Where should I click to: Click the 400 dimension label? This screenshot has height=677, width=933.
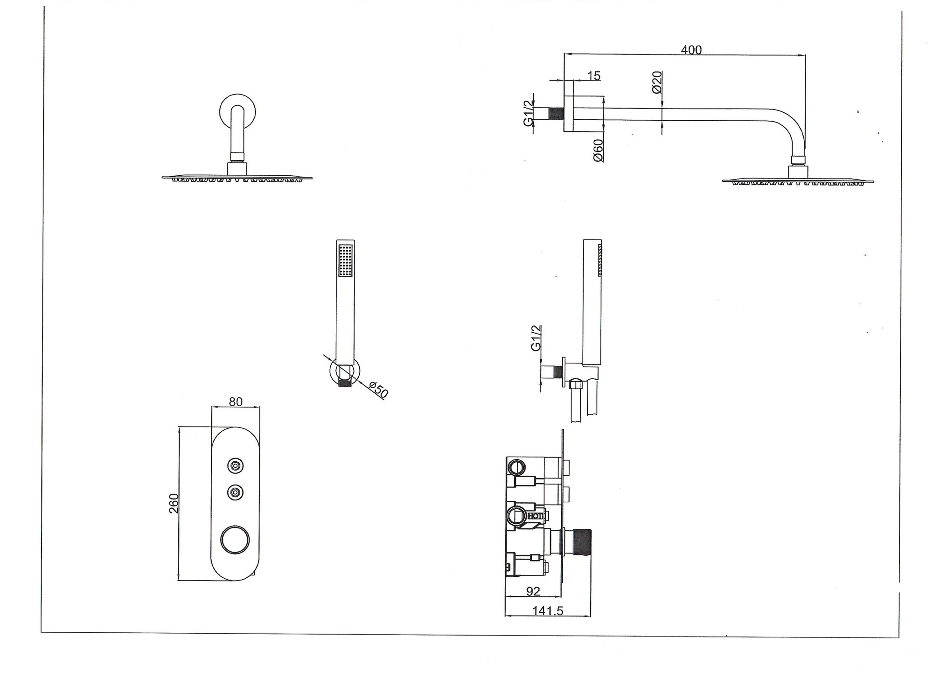point(691,49)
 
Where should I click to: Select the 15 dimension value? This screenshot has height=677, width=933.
point(594,75)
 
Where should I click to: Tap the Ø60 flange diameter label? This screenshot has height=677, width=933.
point(598,150)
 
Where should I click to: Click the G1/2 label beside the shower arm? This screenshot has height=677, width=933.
point(528,113)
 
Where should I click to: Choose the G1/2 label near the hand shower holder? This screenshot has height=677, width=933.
point(536,338)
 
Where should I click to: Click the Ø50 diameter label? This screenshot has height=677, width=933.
point(378,390)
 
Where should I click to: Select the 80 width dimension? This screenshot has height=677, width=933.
point(236,402)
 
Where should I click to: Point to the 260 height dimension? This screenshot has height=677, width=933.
point(174,503)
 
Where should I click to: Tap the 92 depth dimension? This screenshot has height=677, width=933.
point(533,591)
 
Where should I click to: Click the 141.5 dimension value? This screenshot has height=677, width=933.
point(548,611)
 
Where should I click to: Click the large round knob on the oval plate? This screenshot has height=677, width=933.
point(235,540)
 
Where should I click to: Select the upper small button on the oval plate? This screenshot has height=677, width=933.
point(235,465)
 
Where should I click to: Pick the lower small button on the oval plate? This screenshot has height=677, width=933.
point(235,492)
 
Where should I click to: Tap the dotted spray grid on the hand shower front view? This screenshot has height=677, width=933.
point(345,261)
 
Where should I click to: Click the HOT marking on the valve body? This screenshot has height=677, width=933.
point(535,516)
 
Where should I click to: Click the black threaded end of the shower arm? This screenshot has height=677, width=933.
point(557,114)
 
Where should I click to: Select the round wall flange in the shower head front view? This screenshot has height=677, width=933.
point(238,112)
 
